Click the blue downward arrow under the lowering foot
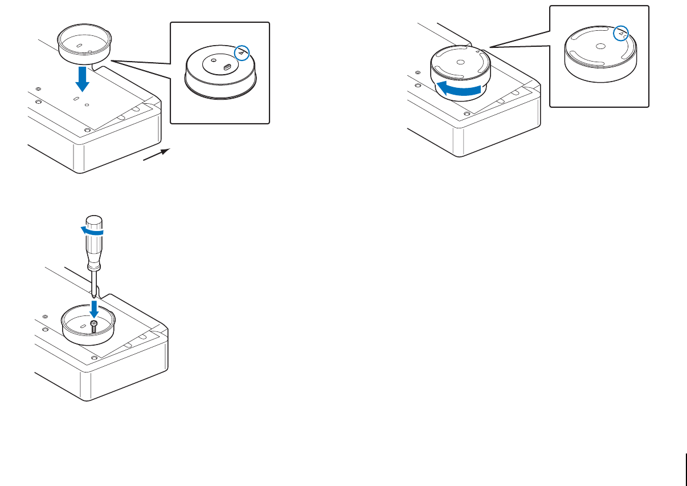[x=83, y=79]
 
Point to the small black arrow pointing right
[x=157, y=156]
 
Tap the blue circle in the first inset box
[x=243, y=52]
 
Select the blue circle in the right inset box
[x=620, y=34]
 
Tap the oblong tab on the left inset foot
[x=227, y=67]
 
